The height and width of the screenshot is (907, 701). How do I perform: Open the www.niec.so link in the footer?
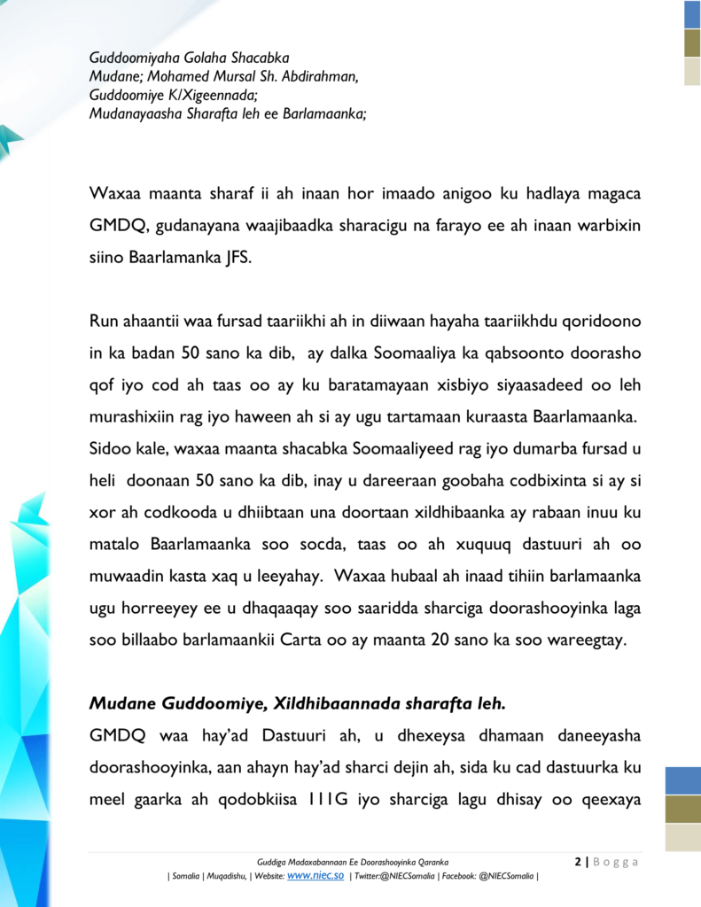315,875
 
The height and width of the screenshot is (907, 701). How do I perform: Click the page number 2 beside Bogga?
579,862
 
